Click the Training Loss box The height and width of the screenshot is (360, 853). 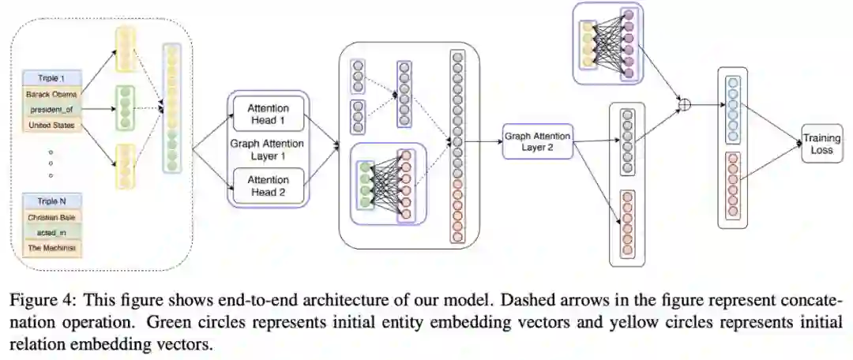click(821, 144)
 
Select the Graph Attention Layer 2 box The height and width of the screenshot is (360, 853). click(536, 141)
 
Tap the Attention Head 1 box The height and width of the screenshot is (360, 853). click(268, 114)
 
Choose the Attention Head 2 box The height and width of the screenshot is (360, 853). click(268, 186)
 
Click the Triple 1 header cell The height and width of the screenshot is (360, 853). click(51, 79)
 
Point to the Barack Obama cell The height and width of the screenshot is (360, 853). click(51, 95)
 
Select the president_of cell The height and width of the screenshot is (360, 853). click(51, 110)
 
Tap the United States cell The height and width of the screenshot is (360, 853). click(51, 125)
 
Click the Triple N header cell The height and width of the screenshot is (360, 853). click(51, 201)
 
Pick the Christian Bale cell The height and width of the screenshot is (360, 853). click(51, 216)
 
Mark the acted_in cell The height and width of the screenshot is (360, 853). click(51, 232)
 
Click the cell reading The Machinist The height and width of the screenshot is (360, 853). click(51, 247)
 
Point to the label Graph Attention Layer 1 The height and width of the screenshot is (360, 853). click(268, 150)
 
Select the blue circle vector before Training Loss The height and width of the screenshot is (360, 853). click(733, 111)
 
